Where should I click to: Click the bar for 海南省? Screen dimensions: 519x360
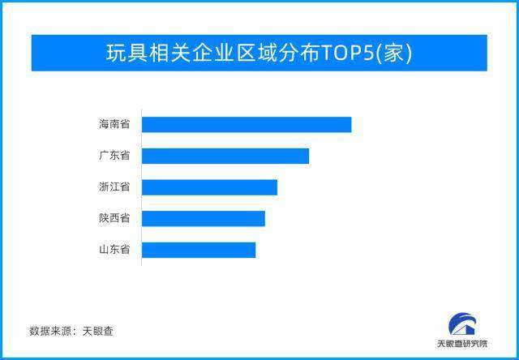247,125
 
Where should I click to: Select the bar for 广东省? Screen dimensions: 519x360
225,156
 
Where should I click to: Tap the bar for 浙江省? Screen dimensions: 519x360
209,187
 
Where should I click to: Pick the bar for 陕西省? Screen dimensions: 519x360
204,218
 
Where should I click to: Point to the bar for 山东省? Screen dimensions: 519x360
199,250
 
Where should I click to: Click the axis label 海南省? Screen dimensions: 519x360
114,125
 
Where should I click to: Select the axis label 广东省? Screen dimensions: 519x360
114,156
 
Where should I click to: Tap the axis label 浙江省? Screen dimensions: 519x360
114,187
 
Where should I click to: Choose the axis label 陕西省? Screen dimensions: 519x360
114,218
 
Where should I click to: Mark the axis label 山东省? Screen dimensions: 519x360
114,250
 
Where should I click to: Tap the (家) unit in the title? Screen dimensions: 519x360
397,53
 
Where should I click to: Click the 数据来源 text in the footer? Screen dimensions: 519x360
50,331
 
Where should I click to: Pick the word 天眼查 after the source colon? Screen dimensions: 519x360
97,331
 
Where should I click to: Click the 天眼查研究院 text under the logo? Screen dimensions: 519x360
462,344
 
